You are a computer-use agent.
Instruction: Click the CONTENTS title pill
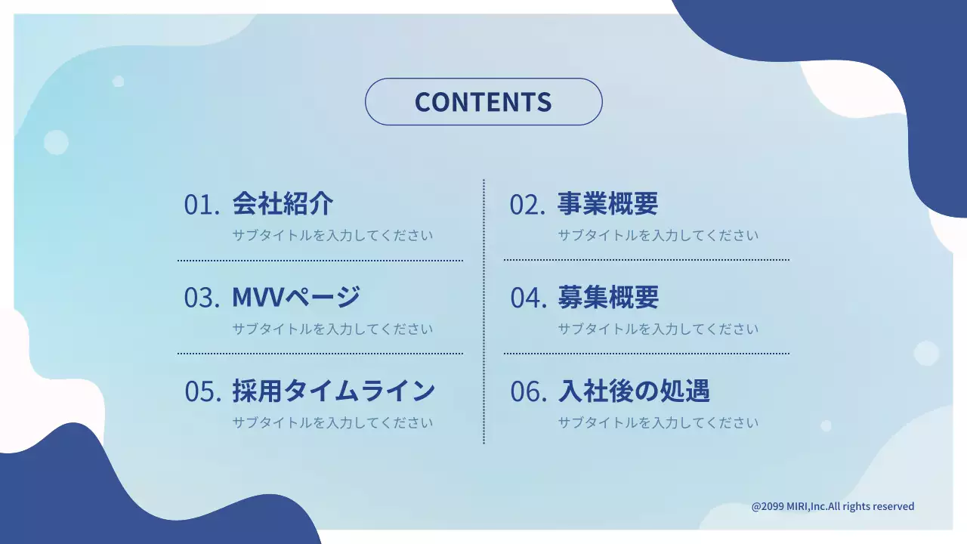(x=483, y=102)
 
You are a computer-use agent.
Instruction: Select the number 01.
(x=202, y=205)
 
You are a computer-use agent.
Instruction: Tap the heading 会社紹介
(x=283, y=203)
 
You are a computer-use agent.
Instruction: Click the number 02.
(x=527, y=205)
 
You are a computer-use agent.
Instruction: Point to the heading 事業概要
(x=608, y=203)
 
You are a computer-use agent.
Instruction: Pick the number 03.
(x=202, y=298)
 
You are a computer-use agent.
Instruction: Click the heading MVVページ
(x=296, y=297)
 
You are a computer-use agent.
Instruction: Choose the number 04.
(x=528, y=298)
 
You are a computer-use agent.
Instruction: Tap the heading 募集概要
(x=608, y=297)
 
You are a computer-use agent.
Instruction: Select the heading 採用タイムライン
(x=333, y=391)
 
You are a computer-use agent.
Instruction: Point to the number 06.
(x=528, y=391)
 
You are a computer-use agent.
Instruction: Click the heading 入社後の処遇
(x=634, y=391)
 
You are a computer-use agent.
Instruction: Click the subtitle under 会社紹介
(x=332, y=235)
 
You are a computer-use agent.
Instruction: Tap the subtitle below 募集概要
(x=658, y=329)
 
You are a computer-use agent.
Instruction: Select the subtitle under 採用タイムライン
(x=332, y=422)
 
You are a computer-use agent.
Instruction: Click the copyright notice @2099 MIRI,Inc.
(x=833, y=506)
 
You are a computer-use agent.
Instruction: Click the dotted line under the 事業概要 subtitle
(x=646, y=260)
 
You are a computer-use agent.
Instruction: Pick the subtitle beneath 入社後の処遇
(x=658, y=422)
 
